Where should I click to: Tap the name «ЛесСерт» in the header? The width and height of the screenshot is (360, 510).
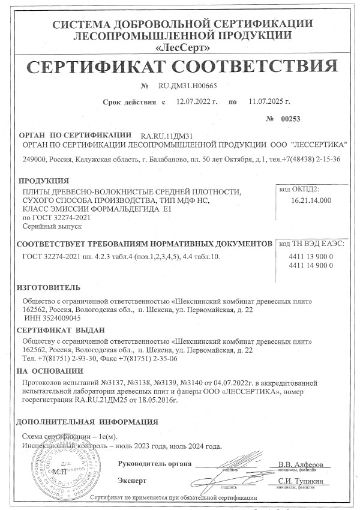click(x=179, y=46)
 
